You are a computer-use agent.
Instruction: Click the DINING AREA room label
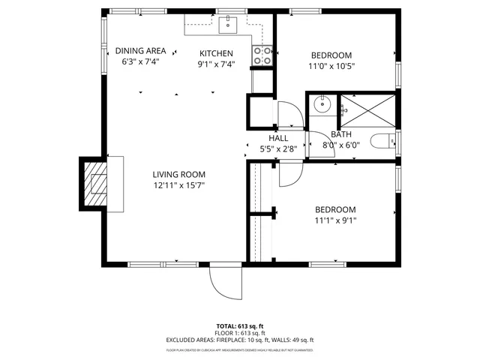(x=141, y=51)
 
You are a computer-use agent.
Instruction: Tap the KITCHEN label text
(x=216, y=53)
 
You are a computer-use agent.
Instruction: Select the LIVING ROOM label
(x=179, y=174)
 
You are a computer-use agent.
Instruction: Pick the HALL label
(x=278, y=138)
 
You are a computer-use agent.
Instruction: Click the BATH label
(x=341, y=135)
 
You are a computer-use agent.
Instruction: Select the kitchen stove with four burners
(x=262, y=55)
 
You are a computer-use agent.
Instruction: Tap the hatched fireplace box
(x=94, y=184)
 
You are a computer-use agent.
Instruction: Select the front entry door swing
(x=224, y=282)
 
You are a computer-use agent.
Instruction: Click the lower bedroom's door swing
(x=289, y=174)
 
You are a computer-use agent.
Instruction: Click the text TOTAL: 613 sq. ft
(x=239, y=325)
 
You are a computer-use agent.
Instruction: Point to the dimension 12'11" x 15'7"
(x=179, y=184)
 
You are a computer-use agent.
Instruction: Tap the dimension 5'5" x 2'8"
(x=278, y=148)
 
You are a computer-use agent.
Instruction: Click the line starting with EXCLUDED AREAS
(x=239, y=340)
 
